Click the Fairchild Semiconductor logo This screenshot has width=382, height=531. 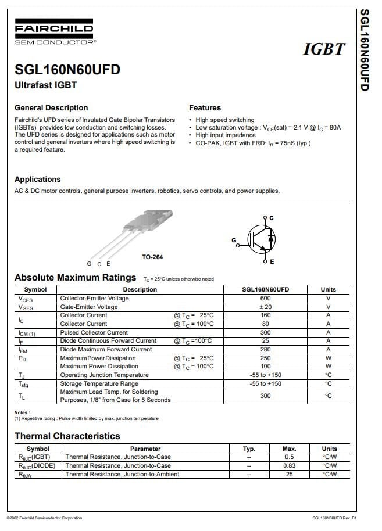tap(53, 34)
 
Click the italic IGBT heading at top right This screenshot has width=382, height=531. tap(324, 49)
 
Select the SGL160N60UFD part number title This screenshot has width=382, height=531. tap(67, 70)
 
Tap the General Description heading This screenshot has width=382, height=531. tap(51, 107)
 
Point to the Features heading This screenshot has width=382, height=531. tap(205, 107)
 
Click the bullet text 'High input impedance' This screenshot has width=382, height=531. tap(226, 135)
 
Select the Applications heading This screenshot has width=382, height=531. tap(37, 179)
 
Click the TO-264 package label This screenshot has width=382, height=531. tap(152, 257)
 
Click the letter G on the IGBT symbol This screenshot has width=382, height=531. tap(234, 240)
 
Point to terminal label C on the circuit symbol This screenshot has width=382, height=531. tap(272, 218)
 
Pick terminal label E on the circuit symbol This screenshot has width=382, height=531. tap(272, 262)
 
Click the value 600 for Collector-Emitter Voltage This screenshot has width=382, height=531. tap(265, 298)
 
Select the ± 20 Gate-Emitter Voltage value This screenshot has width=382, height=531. tap(265, 307)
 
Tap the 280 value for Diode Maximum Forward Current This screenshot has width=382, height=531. tap(265, 349)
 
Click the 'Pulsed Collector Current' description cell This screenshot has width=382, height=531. tap(94, 332)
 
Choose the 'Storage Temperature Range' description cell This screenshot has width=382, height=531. tap(99, 383)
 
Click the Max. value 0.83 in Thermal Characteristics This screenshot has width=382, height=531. tap(289, 465)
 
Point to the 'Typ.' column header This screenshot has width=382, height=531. tap(249, 449)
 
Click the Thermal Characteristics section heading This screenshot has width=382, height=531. tap(67, 436)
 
